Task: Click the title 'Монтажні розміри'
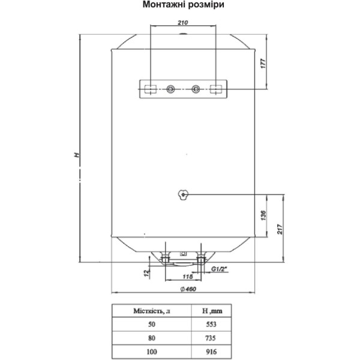pyautogui.click(x=183, y=5)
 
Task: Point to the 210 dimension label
pyautogui.click(x=183, y=23)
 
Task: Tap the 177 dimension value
pyautogui.click(x=263, y=64)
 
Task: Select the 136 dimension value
pyautogui.click(x=263, y=215)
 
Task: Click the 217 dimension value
pyautogui.click(x=280, y=229)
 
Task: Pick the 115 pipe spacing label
pyautogui.click(x=188, y=277)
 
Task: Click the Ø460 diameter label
pyautogui.click(x=188, y=289)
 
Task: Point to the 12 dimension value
pyautogui.click(x=146, y=273)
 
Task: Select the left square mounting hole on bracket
pyautogui.click(x=151, y=89)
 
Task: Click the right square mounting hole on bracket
pyautogui.click(x=216, y=89)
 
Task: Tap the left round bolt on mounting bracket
pyautogui.click(x=170, y=89)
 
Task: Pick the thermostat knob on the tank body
pyautogui.click(x=183, y=195)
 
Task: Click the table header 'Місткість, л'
pyautogui.click(x=152, y=311)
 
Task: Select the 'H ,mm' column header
pyautogui.click(x=212, y=311)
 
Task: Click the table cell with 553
pyautogui.click(x=211, y=324)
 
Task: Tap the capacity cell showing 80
pyautogui.click(x=152, y=338)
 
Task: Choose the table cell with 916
pyautogui.click(x=211, y=352)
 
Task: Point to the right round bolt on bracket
pyautogui.click(x=196, y=89)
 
